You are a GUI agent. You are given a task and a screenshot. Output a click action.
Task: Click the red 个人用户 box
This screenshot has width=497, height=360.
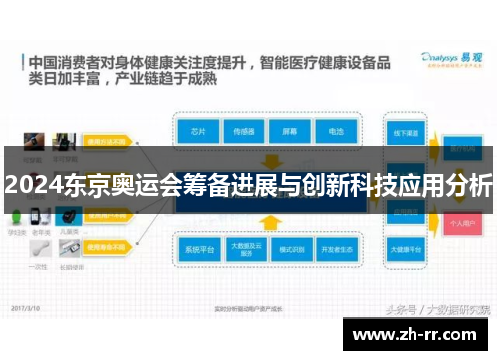click(460, 225)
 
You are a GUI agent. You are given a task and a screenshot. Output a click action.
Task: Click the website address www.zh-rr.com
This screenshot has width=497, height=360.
click(420, 333)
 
